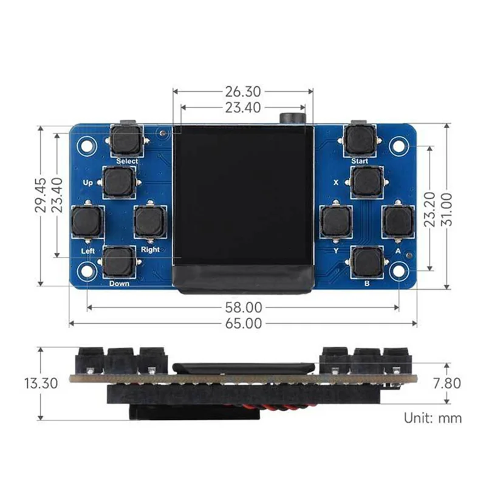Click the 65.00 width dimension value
[x=244, y=324]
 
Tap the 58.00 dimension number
[x=244, y=307]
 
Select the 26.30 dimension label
[x=243, y=92]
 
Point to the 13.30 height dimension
[x=41, y=383]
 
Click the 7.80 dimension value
[x=447, y=383]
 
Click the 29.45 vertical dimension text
[x=41, y=195]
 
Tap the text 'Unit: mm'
[x=433, y=418]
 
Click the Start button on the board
[x=360, y=140]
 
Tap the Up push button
[x=119, y=182]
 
